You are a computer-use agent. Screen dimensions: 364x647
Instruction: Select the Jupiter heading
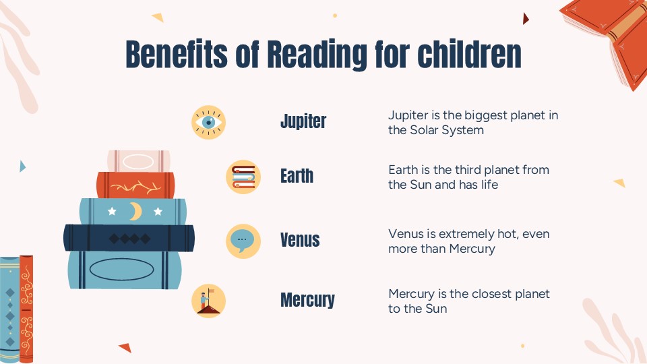pyautogui.click(x=303, y=121)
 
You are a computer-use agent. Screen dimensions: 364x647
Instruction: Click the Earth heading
pyautogui.click(x=297, y=176)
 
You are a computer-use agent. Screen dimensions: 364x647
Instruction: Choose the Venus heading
pyautogui.click(x=300, y=239)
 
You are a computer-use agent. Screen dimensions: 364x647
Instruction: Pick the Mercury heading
pyautogui.click(x=307, y=299)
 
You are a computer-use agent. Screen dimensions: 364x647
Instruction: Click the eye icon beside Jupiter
pyautogui.click(x=209, y=122)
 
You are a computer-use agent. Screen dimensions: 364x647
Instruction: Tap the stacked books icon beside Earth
pyautogui.click(x=243, y=177)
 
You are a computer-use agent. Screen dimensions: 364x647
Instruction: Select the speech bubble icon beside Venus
pyautogui.click(x=243, y=240)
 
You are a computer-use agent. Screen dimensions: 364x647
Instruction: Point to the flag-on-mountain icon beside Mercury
pyautogui.click(x=208, y=300)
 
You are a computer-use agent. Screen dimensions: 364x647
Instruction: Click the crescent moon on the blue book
pyautogui.click(x=135, y=212)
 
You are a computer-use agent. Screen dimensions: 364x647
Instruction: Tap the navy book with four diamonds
pyautogui.click(x=129, y=238)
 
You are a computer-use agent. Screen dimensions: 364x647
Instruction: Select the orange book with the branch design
pyautogui.click(x=135, y=185)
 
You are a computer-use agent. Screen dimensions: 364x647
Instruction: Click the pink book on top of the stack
pyautogui.click(x=138, y=161)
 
